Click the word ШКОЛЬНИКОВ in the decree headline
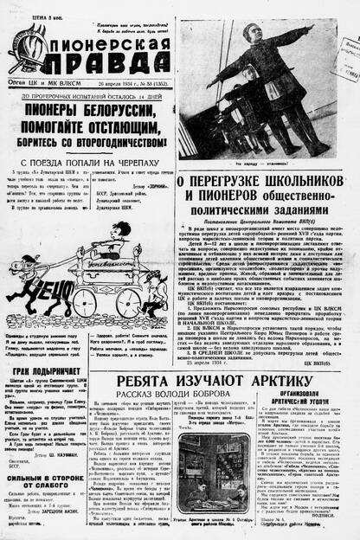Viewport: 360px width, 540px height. coord(302,183)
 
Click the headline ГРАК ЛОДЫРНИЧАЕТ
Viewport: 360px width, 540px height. coord(48,346)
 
